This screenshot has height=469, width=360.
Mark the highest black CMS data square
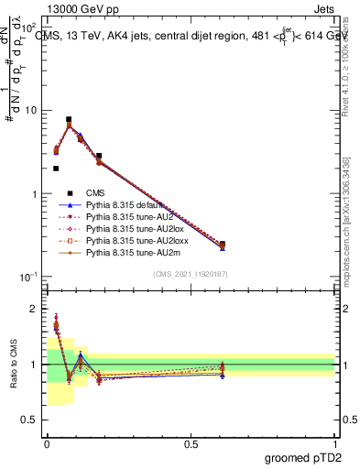click(69, 119)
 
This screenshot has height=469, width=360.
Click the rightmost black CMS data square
click(223, 245)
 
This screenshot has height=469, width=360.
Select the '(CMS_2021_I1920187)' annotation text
click(191, 275)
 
